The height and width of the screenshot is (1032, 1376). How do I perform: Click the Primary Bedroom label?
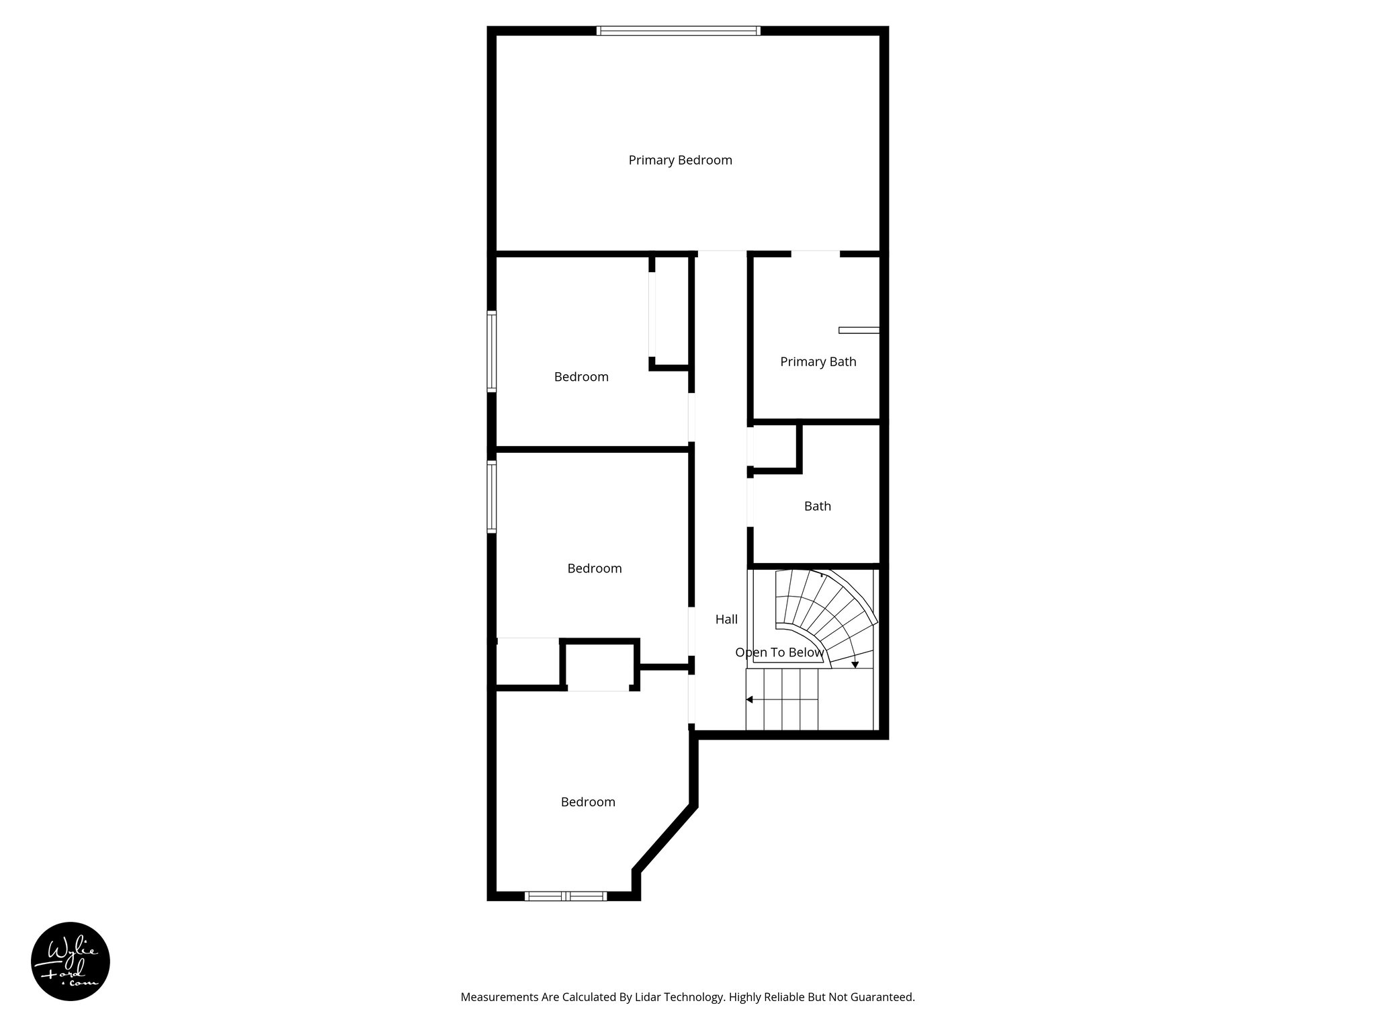click(680, 160)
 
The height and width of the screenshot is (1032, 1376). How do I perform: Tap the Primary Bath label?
click(818, 361)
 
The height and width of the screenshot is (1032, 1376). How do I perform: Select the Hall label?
click(726, 619)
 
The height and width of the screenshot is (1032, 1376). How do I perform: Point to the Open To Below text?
click(779, 652)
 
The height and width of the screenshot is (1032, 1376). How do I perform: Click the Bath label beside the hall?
click(817, 506)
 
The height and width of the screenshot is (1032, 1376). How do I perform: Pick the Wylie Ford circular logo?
click(71, 961)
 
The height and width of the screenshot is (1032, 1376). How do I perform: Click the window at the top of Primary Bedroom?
click(679, 30)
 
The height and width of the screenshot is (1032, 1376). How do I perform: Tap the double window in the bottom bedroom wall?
click(566, 896)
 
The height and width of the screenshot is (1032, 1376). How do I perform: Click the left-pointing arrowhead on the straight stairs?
click(749, 699)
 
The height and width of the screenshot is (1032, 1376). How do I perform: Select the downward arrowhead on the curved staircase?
click(855, 664)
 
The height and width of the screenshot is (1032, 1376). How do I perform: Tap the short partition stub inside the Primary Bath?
click(859, 330)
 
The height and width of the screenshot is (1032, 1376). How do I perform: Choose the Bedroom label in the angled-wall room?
click(588, 802)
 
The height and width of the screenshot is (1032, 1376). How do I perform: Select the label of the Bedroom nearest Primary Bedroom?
click(581, 377)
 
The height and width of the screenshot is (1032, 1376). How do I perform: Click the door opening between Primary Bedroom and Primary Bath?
click(816, 254)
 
